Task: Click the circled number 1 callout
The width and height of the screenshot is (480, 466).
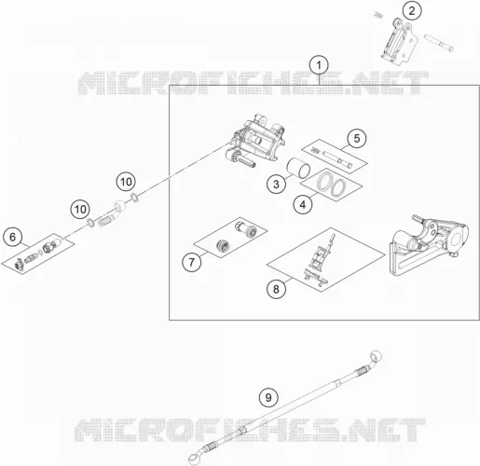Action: (319, 65)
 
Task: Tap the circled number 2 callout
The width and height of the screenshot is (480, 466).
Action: (412, 11)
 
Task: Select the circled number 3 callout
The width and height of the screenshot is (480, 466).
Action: (276, 185)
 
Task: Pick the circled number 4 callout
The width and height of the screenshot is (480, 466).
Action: (303, 204)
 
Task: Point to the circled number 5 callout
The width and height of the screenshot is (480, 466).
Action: (357, 138)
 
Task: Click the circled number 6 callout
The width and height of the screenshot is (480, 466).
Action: (12, 237)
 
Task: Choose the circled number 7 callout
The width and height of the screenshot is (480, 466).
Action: (192, 262)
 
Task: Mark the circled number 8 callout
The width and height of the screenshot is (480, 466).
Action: (276, 290)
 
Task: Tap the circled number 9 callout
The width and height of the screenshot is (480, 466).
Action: (268, 397)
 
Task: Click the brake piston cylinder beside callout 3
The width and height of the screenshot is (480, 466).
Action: (298, 168)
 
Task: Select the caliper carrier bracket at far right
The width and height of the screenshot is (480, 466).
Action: (429, 246)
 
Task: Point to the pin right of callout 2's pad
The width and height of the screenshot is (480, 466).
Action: (439, 43)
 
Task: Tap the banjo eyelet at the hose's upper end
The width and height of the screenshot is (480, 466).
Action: (376, 356)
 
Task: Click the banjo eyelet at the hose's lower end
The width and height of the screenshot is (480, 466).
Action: (195, 459)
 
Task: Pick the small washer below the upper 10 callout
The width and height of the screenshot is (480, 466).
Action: (134, 197)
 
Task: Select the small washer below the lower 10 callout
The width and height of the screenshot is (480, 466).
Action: (90, 223)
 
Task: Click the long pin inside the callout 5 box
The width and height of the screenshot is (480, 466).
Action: (337, 158)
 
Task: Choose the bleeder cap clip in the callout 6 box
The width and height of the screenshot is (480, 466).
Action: (19, 264)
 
